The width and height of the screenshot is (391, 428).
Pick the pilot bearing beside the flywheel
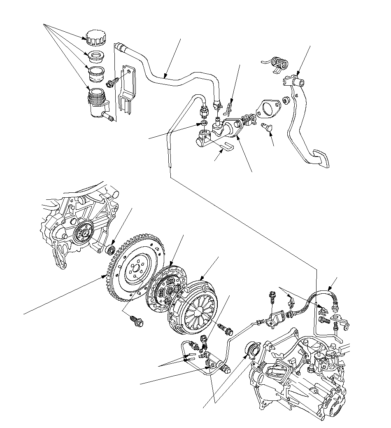(x=111, y=249)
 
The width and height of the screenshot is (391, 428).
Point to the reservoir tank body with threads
(x=97, y=103)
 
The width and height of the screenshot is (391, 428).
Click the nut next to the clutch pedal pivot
(x=286, y=99)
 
